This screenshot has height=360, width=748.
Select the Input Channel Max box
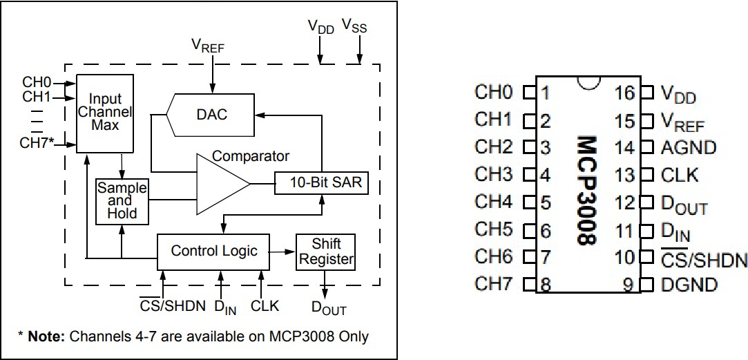(104, 113)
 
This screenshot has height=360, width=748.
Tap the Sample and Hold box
(122, 200)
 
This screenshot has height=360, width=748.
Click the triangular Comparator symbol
(220, 184)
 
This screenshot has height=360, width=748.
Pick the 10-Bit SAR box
(317, 183)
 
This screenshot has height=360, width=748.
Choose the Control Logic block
(214, 250)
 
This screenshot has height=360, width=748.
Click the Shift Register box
(326, 252)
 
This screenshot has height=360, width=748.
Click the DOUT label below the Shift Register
(328, 308)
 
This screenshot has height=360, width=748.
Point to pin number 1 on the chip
(546, 93)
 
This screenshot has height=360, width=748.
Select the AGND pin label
(689, 148)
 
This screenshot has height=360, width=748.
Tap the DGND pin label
(689, 285)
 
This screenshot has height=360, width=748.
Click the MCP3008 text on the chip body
(586, 189)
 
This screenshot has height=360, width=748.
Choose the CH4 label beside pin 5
(494, 202)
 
